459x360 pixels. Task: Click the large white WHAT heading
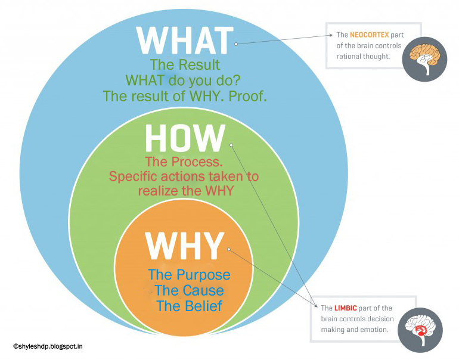[x=185, y=41]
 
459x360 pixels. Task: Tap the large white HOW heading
[x=185, y=138]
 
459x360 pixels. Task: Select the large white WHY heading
[x=185, y=246]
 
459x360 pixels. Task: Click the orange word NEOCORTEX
[x=370, y=35]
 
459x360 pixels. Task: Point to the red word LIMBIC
[x=345, y=308]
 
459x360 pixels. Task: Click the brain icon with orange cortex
[x=424, y=59]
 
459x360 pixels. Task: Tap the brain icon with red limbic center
[x=420, y=330]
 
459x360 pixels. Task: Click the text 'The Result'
[x=185, y=65]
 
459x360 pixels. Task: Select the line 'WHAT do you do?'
[x=183, y=80]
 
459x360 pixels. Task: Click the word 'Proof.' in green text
[x=247, y=96]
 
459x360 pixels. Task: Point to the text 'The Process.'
[x=184, y=162]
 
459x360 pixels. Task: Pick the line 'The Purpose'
[x=189, y=275]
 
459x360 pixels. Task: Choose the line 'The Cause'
[x=189, y=290]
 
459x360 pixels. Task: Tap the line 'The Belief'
[x=190, y=306]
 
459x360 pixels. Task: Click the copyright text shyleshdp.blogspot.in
[x=48, y=346]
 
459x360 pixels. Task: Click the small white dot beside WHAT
[x=236, y=44]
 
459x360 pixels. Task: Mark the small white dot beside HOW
[x=231, y=145]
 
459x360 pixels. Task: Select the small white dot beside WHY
[x=229, y=249]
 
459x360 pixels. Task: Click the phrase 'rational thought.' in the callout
[x=363, y=57]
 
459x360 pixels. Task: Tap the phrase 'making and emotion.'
[x=355, y=330]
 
